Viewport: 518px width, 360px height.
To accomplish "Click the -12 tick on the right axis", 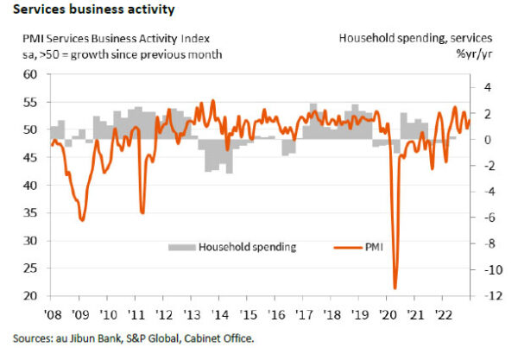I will coord(483,296).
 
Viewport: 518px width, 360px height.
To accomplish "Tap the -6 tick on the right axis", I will coord(484,218).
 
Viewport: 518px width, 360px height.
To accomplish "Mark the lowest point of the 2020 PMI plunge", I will coord(395,288).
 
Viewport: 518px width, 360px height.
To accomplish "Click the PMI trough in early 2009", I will coord(82,220).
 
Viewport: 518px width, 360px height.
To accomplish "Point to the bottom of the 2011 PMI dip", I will coord(142,212).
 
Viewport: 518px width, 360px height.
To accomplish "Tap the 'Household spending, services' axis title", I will coord(415,38).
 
